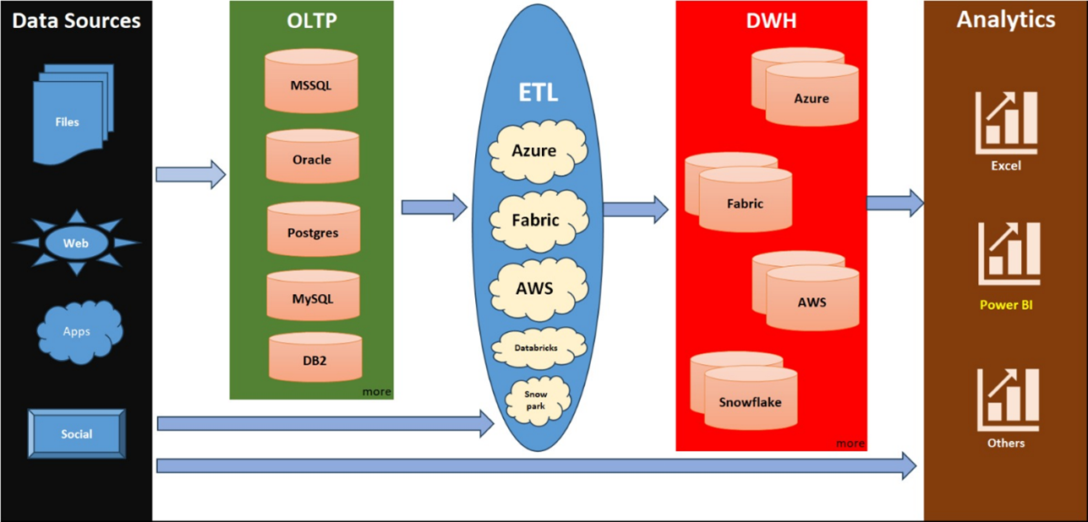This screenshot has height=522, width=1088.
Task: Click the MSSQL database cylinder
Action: [x=311, y=83]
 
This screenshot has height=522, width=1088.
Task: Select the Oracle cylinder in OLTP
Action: [x=311, y=158]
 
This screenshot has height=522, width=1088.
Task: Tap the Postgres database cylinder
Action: [x=314, y=231]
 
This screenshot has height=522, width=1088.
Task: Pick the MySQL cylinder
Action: [x=314, y=296]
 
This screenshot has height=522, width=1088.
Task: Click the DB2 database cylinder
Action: [x=315, y=358]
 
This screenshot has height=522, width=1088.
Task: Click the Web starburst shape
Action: [x=77, y=243]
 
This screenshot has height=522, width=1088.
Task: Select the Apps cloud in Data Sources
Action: [x=79, y=330]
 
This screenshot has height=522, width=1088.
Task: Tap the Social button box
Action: [x=77, y=434]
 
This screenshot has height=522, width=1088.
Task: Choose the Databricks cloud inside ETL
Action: [x=537, y=345]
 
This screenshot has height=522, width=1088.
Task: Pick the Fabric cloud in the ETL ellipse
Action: [x=536, y=220]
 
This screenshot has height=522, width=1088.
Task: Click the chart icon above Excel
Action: [x=1007, y=123]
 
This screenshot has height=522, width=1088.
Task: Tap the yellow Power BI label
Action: [x=1006, y=305]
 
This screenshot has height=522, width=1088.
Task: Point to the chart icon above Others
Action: [x=1007, y=400]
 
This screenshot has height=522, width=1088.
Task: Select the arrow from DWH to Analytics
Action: [x=894, y=203]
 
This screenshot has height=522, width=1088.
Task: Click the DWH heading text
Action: [x=772, y=20]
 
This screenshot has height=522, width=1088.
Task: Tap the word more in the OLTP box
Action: [x=376, y=392]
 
